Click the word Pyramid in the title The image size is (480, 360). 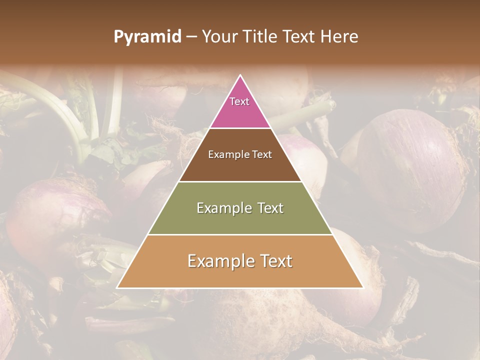pyautogui.click(x=147, y=37)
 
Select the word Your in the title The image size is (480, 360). pyautogui.click(x=219, y=37)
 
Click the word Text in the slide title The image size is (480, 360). pyautogui.click(x=300, y=37)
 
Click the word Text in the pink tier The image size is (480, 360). pyautogui.click(x=239, y=101)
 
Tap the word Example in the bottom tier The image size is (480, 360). pyautogui.click(x=220, y=261)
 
